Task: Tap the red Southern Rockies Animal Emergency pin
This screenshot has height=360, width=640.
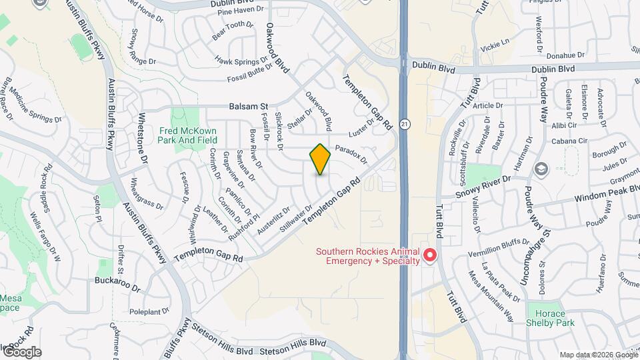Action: pyautogui.click(x=431, y=255)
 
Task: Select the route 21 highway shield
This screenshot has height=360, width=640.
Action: pyautogui.click(x=405, y=124)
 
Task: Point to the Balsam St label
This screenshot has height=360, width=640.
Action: pyautogui.click(x=248, y=106)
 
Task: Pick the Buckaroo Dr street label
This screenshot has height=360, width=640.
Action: pyautogui.click(x=118, y=285)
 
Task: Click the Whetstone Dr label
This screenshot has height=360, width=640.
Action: pyautogui.click(x=142, y=145)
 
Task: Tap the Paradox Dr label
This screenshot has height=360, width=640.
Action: pyautogui.click(x=351, y=153)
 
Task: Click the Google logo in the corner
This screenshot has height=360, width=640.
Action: pyautogui.click(x=21, y=352)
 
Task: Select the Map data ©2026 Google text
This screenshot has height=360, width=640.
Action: pyautogui.click(x=597, y=355)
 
